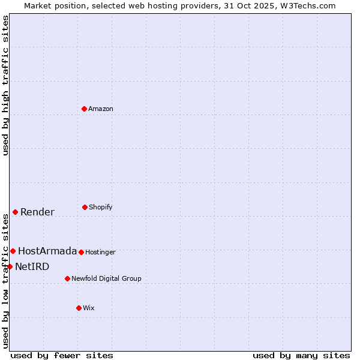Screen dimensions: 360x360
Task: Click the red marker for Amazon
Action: click(85, 109)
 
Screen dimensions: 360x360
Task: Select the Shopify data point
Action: click(85, 207)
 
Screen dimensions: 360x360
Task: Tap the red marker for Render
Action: click(15, 212)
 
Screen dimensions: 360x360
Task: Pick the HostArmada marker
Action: click(13, 251)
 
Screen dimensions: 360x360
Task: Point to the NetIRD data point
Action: click(10, 266)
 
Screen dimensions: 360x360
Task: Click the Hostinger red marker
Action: click(81, 252)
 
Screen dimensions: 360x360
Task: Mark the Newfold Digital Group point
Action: click(67, 278)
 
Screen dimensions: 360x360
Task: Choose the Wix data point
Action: click(79, 308)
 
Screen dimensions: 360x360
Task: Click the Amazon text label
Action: click(101, 109)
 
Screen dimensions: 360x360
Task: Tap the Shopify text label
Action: click(101, 207)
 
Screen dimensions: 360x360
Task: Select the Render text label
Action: click(37, 212)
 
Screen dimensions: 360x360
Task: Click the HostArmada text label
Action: click(47, 251)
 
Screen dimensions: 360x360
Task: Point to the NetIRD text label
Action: click(32, 266)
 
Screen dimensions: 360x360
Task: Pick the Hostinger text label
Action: click(100, 252)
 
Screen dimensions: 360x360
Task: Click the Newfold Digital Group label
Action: click(106, 278)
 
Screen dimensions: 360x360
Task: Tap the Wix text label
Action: click(89, 308)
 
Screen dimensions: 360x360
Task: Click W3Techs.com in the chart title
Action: click(306, 5)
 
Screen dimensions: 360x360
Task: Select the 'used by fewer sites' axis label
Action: click(62, 355)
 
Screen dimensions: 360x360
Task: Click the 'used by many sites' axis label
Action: click(301, 355)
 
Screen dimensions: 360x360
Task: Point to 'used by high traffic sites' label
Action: click(5, 85)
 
